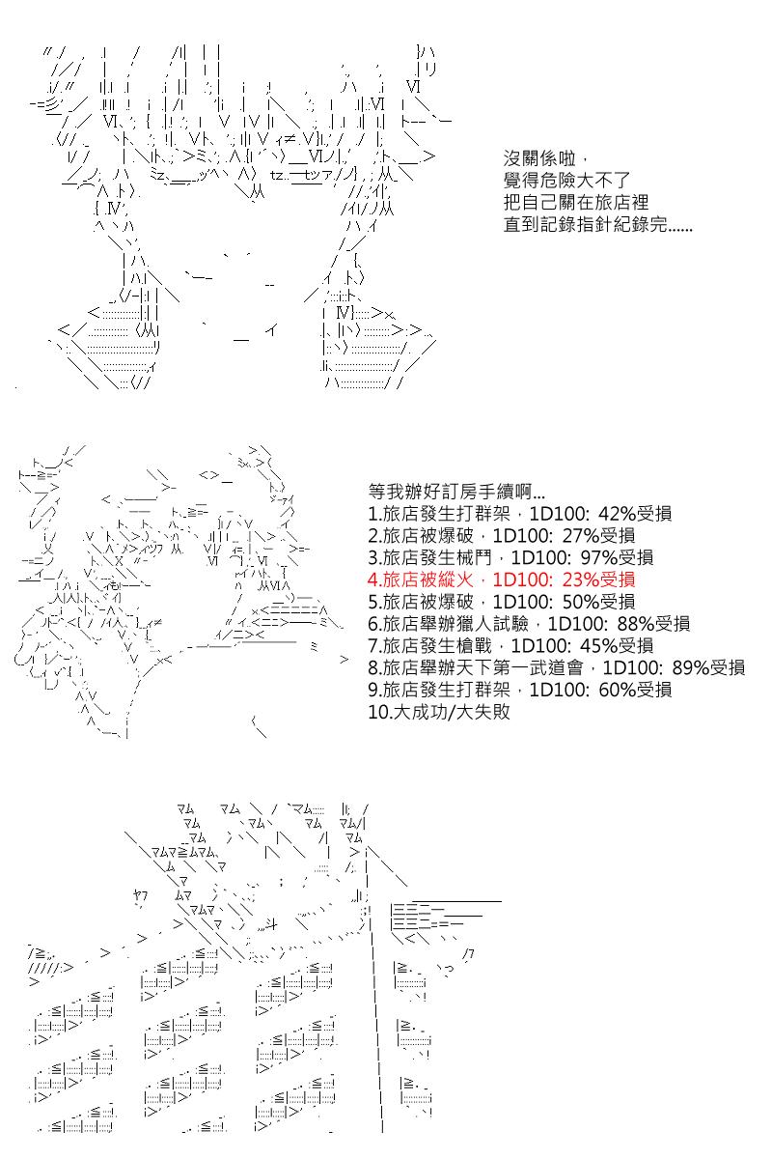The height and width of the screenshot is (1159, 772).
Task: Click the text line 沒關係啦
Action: point(542,159)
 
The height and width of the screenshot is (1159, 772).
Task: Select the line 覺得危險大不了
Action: point(566,182)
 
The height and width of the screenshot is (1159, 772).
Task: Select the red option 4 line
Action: point(502,579)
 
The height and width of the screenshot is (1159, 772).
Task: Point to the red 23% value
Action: point(582,579)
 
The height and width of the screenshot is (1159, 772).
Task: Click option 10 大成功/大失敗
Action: point(439,713)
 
